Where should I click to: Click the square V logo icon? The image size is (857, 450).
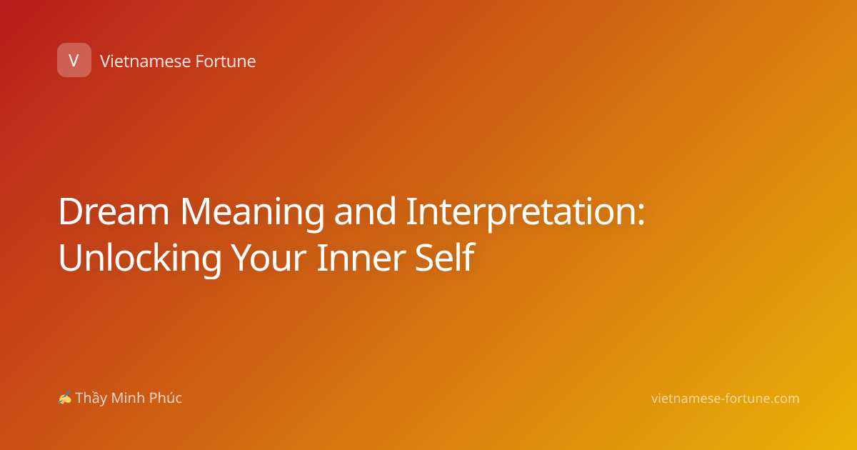(x=74, y=60)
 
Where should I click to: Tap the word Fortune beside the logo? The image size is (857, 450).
(x=226, y=61)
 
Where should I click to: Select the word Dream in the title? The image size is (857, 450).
(x=114, y=211)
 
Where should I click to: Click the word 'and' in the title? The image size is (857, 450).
(x=365, y=211)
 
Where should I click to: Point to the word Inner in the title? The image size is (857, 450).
(x=361, y=258)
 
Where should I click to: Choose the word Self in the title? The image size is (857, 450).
(x=445, y=256)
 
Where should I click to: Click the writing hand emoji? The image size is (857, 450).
(x=65, y=398)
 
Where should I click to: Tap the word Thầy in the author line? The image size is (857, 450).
(x=91, y=398)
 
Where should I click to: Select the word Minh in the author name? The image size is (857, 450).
(x=128, y=398)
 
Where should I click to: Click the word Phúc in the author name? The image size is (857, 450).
(x=165, y=398)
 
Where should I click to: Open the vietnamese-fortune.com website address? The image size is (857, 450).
(x=725, y=399)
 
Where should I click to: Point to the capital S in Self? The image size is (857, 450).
(x=424, y=258)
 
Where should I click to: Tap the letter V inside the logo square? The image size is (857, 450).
(x=74, y=60)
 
